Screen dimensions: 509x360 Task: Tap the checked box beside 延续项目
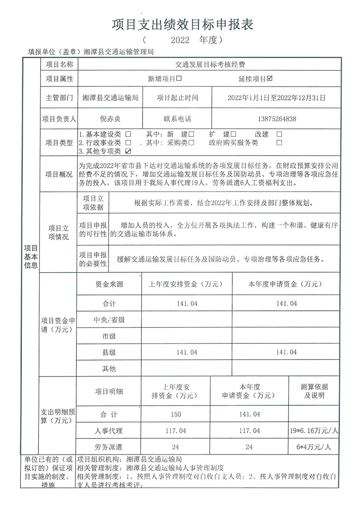(270, 78)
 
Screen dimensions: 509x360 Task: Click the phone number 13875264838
(276, 119)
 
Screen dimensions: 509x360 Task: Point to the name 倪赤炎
(111, 119)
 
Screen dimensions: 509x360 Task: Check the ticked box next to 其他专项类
(128, 151)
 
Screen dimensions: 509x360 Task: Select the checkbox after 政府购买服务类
(279, 142)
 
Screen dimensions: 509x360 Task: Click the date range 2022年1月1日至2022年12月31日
(276, 97)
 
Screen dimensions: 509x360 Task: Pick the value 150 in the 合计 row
(176, 414)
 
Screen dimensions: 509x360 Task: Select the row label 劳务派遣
(109, 447)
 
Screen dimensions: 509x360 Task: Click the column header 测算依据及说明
(314, 391)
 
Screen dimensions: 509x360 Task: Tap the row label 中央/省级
(109, 320)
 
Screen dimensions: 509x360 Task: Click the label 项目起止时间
(178, 97)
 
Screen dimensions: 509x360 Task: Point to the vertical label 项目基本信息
(31, 256)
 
